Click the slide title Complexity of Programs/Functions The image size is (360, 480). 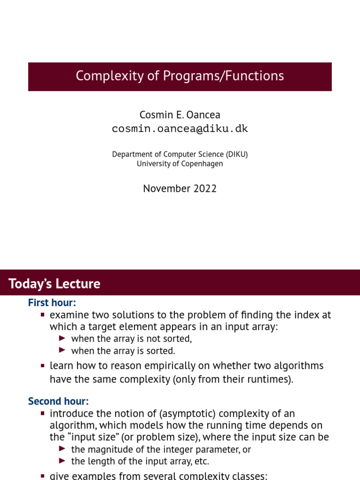pyautogui.click(x=180, y=76)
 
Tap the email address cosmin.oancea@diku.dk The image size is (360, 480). pyautogui.click(x=180, y=129)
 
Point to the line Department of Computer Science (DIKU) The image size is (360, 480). pyautogui.click(x=180, y=154)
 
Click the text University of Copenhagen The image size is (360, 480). pyautogui.click(x=180, y=164)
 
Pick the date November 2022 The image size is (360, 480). pyautogui.click(x=180, y=188)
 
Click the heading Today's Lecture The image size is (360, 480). pyautogui.click(x=54, y=284)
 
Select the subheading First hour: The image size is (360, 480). pyautogui.click(x=52, y=303)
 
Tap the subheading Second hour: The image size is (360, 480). pyautogui.click(x=58, y=401)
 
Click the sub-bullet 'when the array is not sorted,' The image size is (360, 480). pyautogui.click(x=131, y=338)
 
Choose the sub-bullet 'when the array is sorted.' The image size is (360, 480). pyautogui.click(x=123, y=351)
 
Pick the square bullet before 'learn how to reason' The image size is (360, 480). pyautogui.click(x=43, y=366)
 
